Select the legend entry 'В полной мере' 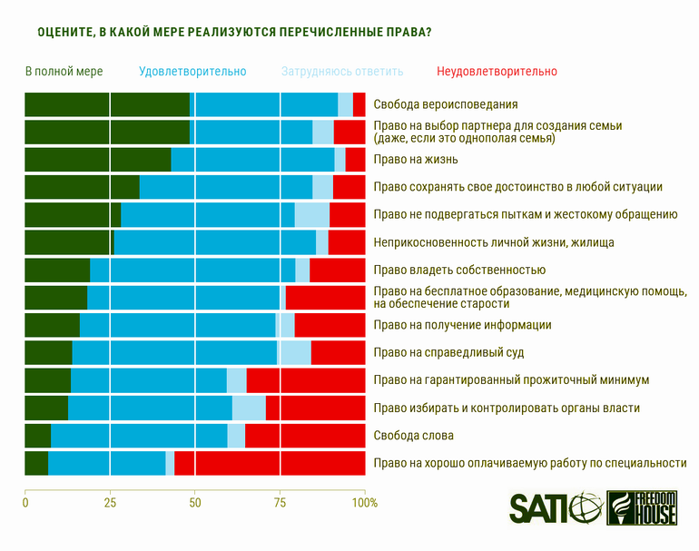(64, 71)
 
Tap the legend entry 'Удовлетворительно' (192, 71)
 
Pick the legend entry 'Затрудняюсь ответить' (342, 71)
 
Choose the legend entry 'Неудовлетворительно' (497, 71)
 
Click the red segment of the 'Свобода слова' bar (305, 436)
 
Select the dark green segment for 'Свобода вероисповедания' (107, 104)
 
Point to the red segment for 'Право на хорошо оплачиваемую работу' (270, 463)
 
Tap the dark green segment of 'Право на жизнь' (98, 160)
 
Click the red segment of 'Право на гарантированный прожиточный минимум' (306, 380)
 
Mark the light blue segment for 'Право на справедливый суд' (294, 352)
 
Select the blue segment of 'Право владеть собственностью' (192, 270)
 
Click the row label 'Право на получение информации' (462, 325)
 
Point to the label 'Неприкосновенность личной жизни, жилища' (494, 242)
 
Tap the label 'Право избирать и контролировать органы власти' (507, 408)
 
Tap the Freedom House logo (642, 508)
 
